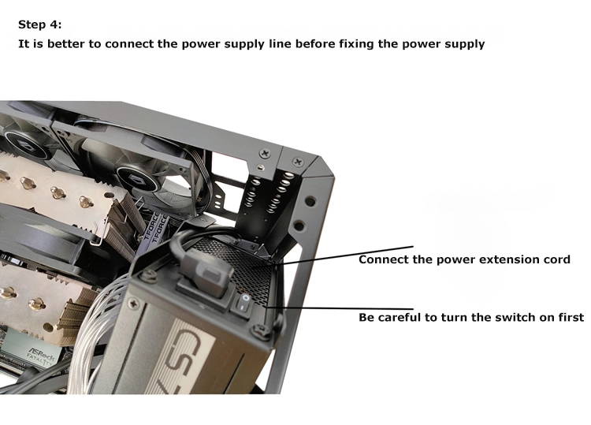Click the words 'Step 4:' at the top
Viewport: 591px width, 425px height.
40,25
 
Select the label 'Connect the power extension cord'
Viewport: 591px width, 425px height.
464,260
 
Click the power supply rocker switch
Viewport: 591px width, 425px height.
243,304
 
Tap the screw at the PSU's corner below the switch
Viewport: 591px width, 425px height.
262,330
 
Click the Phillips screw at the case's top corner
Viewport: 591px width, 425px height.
298,162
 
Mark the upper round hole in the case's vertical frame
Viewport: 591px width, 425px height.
310,202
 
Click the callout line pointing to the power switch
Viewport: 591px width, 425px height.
339,308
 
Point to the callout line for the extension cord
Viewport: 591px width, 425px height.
344,255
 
